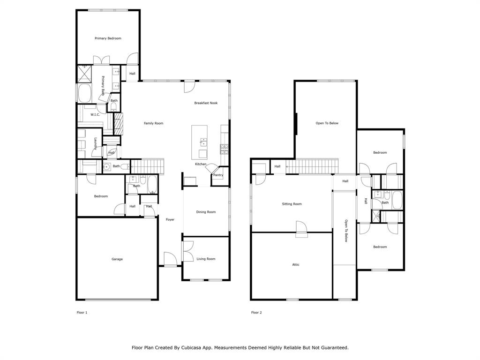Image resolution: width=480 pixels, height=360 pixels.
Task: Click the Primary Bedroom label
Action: (108, 38)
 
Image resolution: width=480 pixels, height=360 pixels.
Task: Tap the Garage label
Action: (117, 259)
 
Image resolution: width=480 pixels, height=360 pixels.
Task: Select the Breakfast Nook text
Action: (206, 103)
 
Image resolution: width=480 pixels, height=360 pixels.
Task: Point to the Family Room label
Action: (153, 123)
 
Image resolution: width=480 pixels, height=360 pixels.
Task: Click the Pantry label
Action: (218, 175)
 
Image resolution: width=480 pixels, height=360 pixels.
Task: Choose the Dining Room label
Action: (206, 212)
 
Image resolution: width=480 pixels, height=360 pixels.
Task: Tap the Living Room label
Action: (206, 259)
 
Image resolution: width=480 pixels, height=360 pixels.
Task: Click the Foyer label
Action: (170, 219)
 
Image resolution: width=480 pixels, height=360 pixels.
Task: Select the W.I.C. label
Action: (95, 115)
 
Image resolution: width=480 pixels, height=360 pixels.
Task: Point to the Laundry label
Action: (96, 143)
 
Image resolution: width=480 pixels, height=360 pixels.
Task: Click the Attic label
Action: (296, 264)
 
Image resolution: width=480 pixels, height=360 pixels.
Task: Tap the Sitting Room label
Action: (292, 204)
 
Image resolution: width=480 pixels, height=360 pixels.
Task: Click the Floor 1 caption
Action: (82, 313)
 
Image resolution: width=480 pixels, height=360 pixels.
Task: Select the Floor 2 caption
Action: (256, 313)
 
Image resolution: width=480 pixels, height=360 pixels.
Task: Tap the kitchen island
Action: (199, 142)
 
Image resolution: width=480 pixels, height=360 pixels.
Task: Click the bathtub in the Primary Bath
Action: (85, 93)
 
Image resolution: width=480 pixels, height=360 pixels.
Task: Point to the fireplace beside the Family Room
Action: (119, 124)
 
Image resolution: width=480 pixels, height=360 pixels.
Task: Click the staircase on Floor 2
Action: (312, 166)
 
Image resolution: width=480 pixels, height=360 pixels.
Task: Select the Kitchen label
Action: (201, 164)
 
